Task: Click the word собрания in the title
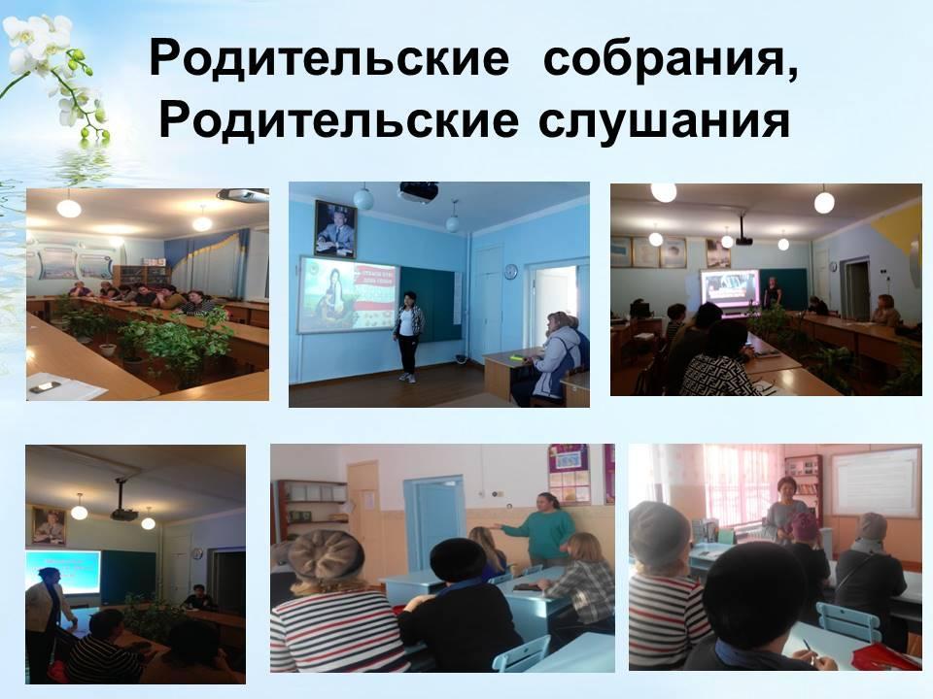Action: (670, 58)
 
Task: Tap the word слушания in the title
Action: (665, 121)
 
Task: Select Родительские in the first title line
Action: (329, 58)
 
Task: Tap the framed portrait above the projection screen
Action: (334, 229)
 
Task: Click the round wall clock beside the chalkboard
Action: (511, 271)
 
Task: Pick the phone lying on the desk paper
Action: (45, 387)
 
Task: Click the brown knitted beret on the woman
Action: (326, 555)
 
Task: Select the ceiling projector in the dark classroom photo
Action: (123, 512)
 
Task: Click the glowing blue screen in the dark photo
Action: (62, 572)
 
